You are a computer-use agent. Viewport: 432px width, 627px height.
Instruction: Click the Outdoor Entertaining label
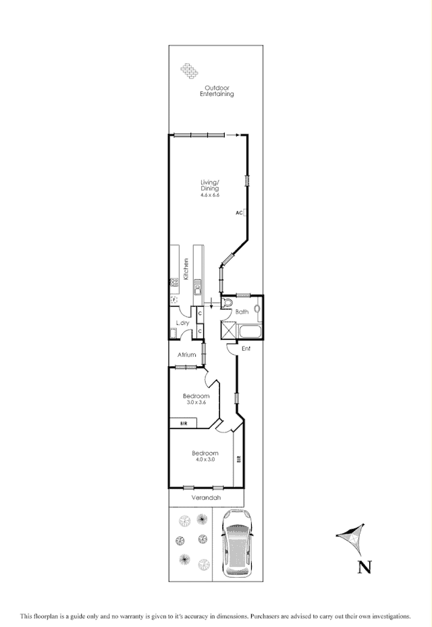[217, 91]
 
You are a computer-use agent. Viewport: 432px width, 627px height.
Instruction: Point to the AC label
[239, 213]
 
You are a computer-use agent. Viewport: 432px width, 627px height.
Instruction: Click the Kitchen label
[185, 269]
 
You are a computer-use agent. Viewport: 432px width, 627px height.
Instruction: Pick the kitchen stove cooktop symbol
[173, 282]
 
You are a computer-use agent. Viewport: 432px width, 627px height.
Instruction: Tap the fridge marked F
[173, 299]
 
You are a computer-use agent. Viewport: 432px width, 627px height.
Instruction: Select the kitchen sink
[198, 291]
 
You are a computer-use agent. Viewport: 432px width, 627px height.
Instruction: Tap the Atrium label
[186, 355]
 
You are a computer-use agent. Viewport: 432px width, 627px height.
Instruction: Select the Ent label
[246, 349]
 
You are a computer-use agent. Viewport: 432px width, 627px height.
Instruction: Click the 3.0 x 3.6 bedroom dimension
[196, 402]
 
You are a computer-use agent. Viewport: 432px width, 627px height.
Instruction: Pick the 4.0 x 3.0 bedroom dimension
[205, 459]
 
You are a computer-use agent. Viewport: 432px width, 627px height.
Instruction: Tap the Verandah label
[206, 498]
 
